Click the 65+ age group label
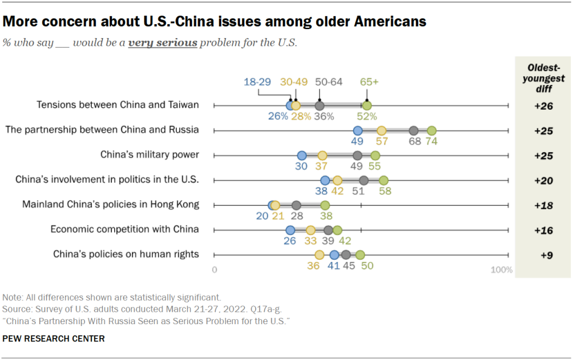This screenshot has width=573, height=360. [369, 82]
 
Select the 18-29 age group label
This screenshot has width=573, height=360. [257, 82]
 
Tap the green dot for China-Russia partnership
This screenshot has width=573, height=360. [431, 130]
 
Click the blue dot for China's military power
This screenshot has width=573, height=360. [302, 156]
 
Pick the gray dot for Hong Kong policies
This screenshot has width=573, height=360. [296, 205]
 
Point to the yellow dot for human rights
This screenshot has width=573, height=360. [320, 255]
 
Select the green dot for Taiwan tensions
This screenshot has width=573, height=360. [367, 105]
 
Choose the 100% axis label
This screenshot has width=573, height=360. [502, 270]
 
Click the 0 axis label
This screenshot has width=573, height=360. [214, 270]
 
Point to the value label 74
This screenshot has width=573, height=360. [431, 142]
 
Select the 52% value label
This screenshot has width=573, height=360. [367, 116]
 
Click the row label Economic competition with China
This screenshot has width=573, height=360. [124, 229]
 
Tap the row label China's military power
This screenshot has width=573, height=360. [149, 155]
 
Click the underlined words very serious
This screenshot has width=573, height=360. [162, 43]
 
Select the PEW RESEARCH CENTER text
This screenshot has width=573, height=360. [54, 339]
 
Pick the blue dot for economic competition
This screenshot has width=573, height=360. [290, 230]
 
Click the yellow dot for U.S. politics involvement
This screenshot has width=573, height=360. [337, 180]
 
